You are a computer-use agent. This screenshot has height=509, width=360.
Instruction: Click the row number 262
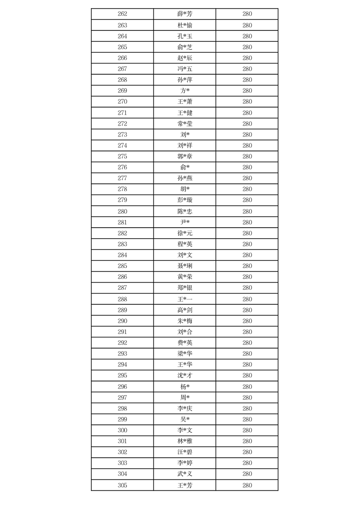click(x=122, y=14)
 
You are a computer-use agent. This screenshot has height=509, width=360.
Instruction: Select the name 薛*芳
click(x=185, y=14)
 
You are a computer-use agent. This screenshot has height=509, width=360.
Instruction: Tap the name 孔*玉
click(x=185, y=36)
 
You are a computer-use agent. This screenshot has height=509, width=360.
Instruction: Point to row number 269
click(x=122, y=91)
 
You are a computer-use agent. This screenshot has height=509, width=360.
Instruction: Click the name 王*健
click(x=185, y=113)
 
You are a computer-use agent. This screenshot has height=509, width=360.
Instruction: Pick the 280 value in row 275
click(x=247, y=157)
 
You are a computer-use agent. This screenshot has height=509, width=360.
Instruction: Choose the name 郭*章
click(x=185, y=157)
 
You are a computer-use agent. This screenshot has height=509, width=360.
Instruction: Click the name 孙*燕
click(x=185, y=178)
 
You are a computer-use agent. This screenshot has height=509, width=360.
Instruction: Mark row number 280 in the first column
click(x=122, y=211)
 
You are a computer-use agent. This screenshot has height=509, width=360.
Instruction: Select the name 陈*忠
click(x=185, y=211)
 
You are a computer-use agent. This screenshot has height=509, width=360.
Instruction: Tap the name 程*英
click(x=185, y=244)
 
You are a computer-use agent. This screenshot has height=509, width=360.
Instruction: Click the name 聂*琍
click(x=185, y=266)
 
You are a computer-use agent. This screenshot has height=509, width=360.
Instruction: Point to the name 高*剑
click(x=185, y=310)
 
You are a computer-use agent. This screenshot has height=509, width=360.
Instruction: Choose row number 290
click(x=122, y=321)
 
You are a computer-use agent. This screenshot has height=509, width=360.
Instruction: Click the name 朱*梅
click(x=185, y=321)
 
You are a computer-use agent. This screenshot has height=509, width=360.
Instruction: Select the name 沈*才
click(x=185, y=376)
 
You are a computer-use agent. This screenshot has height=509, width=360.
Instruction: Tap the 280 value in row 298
click(x=247, y=409)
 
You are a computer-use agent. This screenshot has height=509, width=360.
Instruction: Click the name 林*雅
click(x=185, y=441)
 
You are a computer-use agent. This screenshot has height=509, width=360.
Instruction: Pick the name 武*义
click(x=185, y=474)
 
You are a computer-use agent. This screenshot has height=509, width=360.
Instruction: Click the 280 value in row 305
click(x=247, y=485)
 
